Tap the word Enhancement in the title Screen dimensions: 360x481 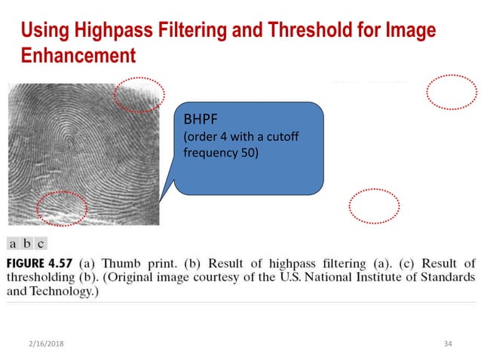(x=78, y=56)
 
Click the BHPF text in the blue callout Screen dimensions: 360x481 (x=199, y=119)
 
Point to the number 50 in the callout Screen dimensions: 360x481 (x=250, y=154)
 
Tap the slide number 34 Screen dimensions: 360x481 (x=448, y=343)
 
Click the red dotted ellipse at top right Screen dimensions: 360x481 (x=451, y=93)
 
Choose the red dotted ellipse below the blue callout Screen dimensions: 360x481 (x=375, y=206)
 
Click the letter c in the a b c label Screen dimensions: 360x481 (x=40, y=243)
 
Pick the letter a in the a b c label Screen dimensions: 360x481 (x=14, y=243)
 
